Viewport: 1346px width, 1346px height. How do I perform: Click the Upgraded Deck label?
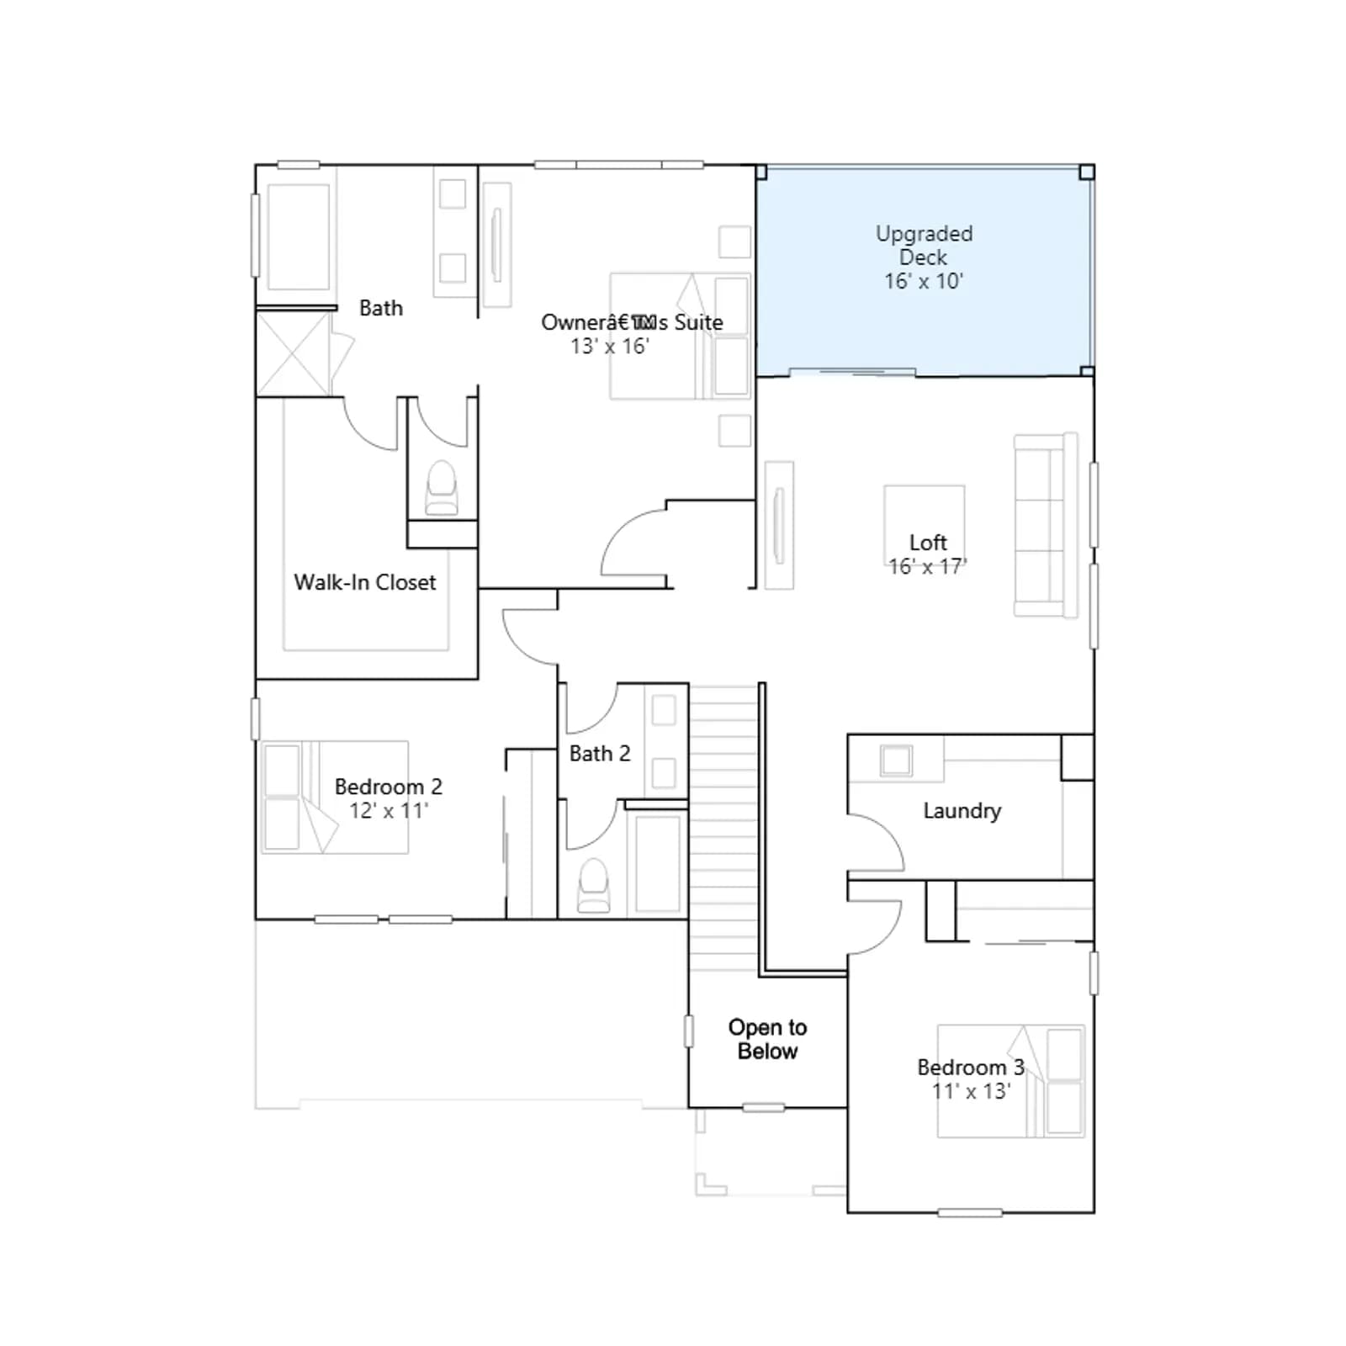coord(924,245)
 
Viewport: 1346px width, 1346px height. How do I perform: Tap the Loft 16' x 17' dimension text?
coord(928,566)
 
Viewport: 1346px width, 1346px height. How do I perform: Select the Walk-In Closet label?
coord(365,582)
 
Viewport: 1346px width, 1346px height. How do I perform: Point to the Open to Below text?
coord(767,1039)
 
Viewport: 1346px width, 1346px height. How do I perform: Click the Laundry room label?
coord(962,811)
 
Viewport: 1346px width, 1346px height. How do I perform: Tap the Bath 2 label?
coord(600,753)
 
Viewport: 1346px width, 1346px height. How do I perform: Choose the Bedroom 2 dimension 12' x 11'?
coord(389,810)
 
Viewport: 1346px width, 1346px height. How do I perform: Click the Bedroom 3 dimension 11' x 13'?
coord(971,1091)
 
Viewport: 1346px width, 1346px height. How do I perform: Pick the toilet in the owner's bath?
coord(442,487)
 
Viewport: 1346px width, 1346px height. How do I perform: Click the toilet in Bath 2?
coord(594,885)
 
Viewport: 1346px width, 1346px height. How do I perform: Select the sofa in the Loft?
coord(1046,526)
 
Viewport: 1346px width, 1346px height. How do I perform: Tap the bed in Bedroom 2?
coord(335,798)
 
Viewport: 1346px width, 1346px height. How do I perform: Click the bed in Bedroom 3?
coord(1011,1081)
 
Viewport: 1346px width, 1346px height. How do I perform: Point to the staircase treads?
coord(724,829)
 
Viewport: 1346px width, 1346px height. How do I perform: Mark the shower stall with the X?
coord(293,354)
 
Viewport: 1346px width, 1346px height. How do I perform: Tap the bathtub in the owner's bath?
coord(299,236)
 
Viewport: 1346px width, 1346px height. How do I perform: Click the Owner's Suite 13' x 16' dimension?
coord(610,346)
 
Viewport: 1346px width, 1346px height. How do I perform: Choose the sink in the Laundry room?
coord(896,760)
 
